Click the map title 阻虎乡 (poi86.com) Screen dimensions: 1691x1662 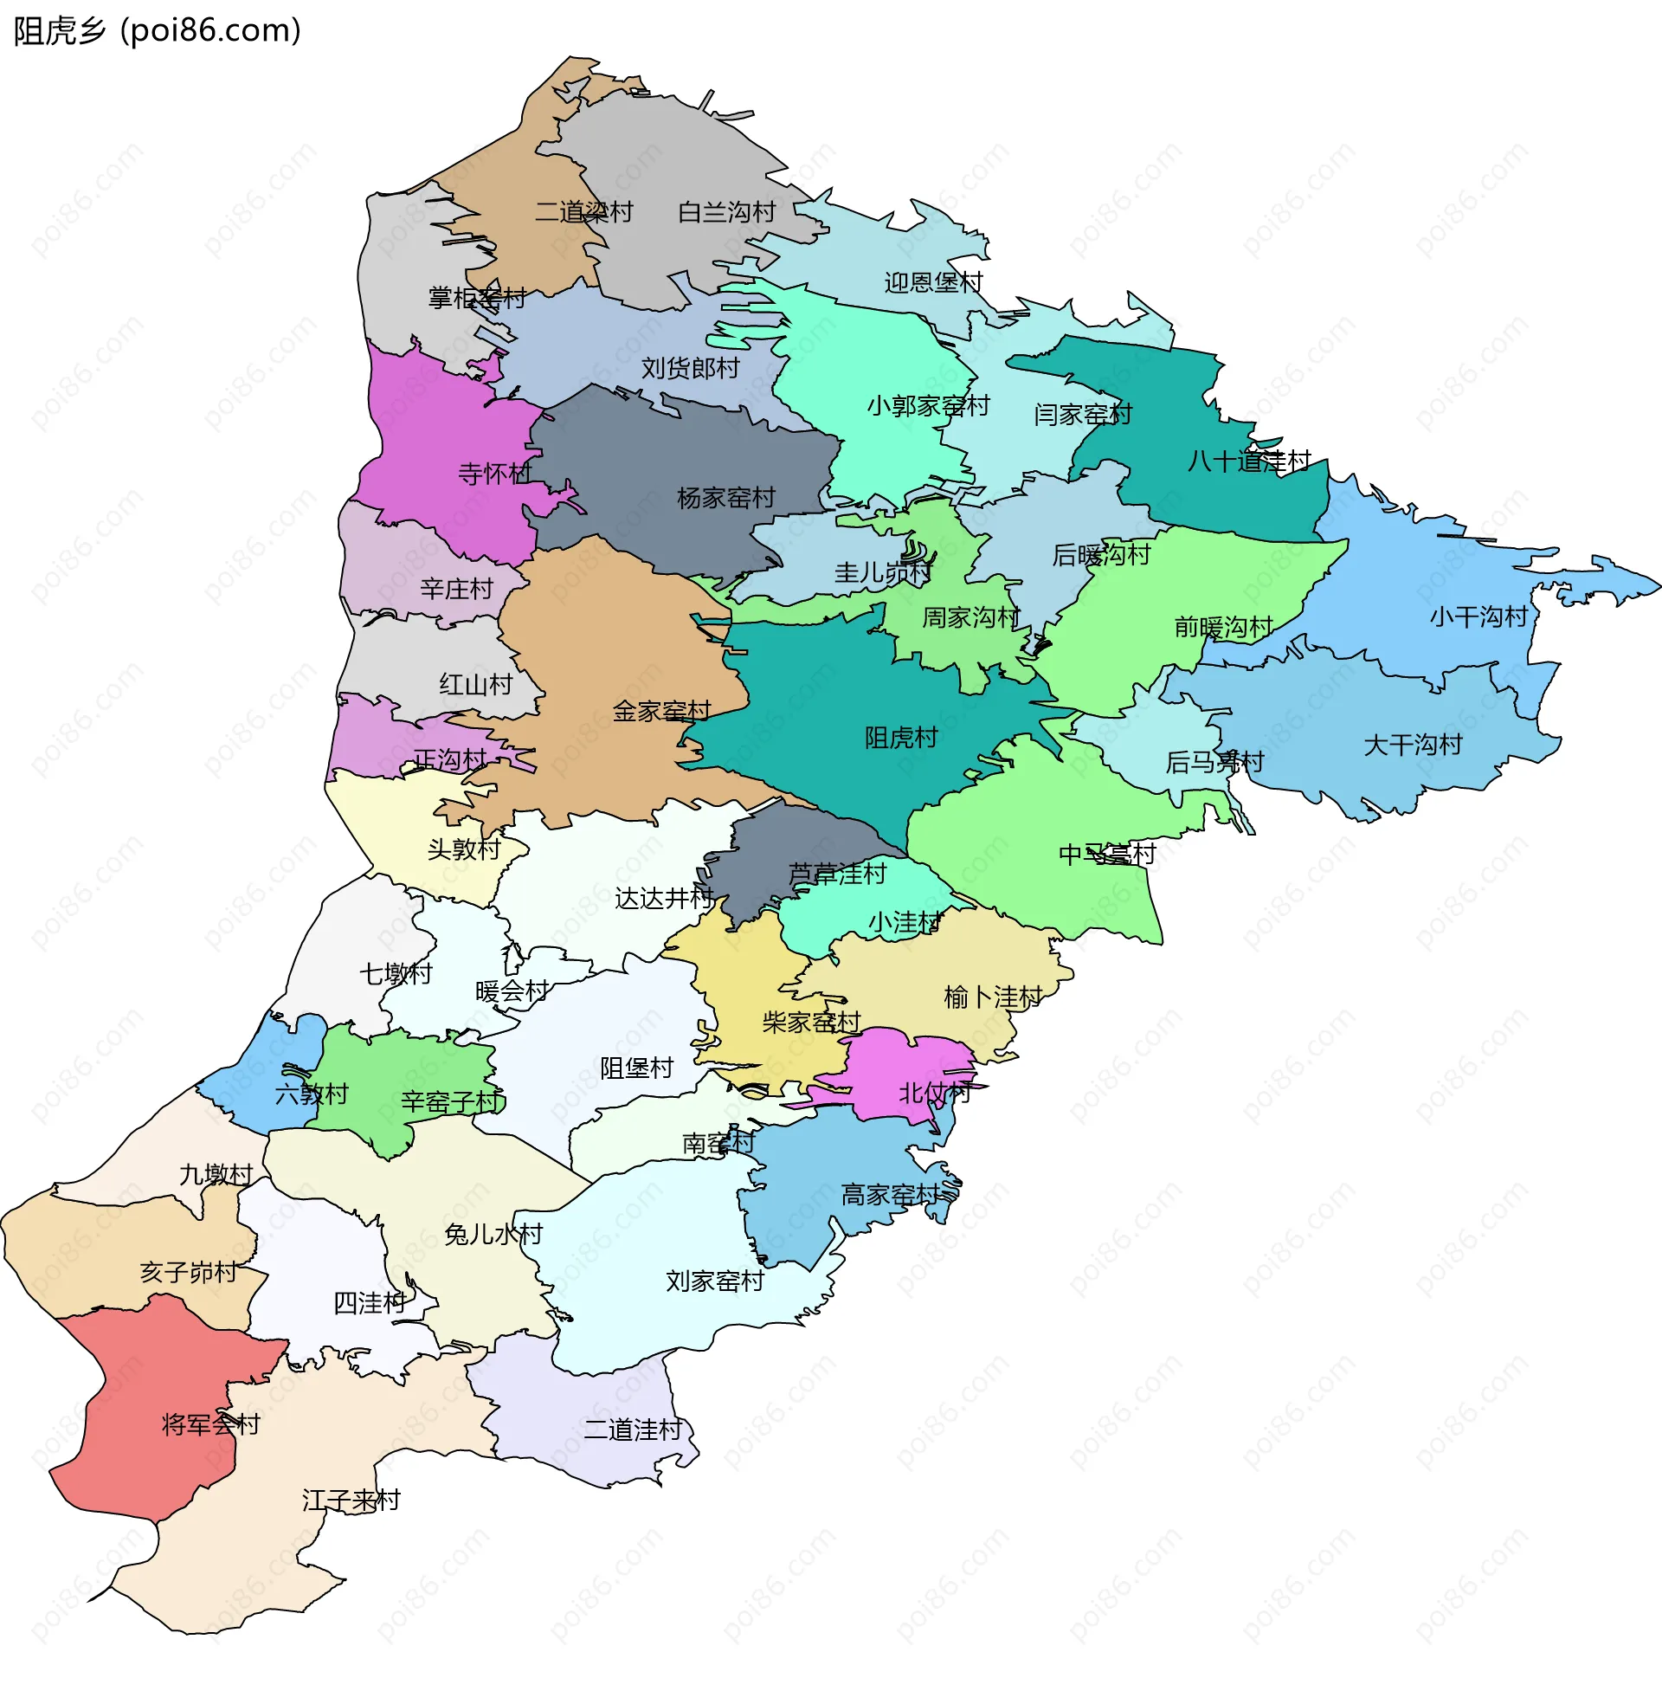pyautogui.click(x=158, y=30)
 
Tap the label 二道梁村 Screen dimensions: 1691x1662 pyautogui.click(x=583, y=212)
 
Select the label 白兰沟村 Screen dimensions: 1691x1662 pyautogui.click(x=726, y=212)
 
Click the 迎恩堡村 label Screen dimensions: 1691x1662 pyautogui.click(x=933, y=282)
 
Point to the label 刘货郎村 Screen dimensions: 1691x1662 pyautogui.click(x=691, y=367)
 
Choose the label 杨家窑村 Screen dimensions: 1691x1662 pyautogui.click(x=726, y=498)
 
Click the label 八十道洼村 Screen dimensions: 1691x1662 pyautogui.click(x=1249, y=460)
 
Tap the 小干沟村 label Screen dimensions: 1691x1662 pyautogui.click(x=1478, y=616)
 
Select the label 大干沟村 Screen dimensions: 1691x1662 pyautogui.click(x=1413, y=745)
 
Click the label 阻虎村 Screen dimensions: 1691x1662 pyautogui.click(x=901, y=738)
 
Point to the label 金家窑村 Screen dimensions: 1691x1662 pyautogui.click(x=661, y=711)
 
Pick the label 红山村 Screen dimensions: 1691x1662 pyautogui.click(x=476, y=683)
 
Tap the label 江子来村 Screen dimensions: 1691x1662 pyautogui.click(x=351, y=1500)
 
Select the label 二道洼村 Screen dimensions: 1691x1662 pyautogui.click(x=632, y=1430)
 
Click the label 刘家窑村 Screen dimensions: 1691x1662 pyautogui.click(x=715, y=1281)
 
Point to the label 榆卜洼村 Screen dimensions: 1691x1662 pyautogui.click(x=994, y=997)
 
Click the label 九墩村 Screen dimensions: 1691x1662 pyautogui.click(x=216, y=1174)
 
